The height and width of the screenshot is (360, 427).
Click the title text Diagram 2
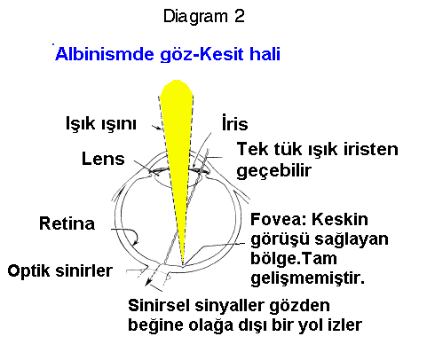click(204, 17)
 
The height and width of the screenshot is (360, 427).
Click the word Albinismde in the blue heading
click(105, 54)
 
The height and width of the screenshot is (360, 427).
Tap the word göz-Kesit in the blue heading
click(202, 55)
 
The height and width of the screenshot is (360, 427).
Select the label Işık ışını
click(101, 123)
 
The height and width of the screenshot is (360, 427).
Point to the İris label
click(235, 122)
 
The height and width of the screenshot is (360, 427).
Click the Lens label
click(103, 159)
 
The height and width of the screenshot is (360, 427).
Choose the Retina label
click(67, 223)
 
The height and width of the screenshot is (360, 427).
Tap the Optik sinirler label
click(60, 270)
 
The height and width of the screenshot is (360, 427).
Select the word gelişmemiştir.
click(307, 278)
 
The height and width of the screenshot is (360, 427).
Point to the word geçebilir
click(274, 170)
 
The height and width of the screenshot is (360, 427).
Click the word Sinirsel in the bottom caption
click(159, 305)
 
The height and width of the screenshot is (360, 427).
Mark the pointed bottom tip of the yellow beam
click(183, 263)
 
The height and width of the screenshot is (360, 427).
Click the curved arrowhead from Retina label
click(136, 242)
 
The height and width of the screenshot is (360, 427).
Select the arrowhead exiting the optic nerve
click(147, 283)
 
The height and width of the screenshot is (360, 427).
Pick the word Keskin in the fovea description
click(340, 219)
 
